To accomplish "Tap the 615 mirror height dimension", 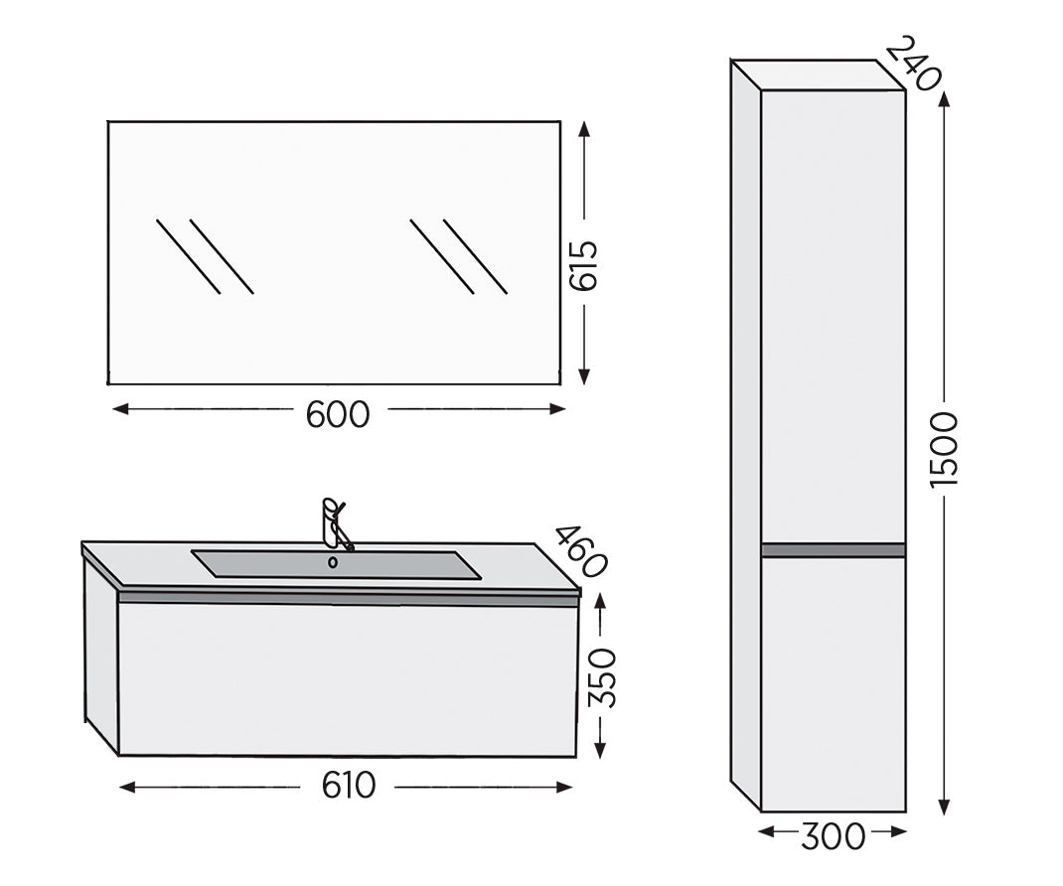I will coord(585,265).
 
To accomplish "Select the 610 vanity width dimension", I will coord(348,786).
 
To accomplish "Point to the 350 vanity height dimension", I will coord(601,676).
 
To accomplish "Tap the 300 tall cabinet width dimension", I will coord(833,835).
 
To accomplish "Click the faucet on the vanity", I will coord(334,522).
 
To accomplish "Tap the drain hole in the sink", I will coord(333,562).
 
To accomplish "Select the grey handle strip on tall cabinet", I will coord(833,549).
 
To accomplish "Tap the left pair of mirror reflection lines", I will coord(205,255).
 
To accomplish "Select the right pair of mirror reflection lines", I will coord(458,255).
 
